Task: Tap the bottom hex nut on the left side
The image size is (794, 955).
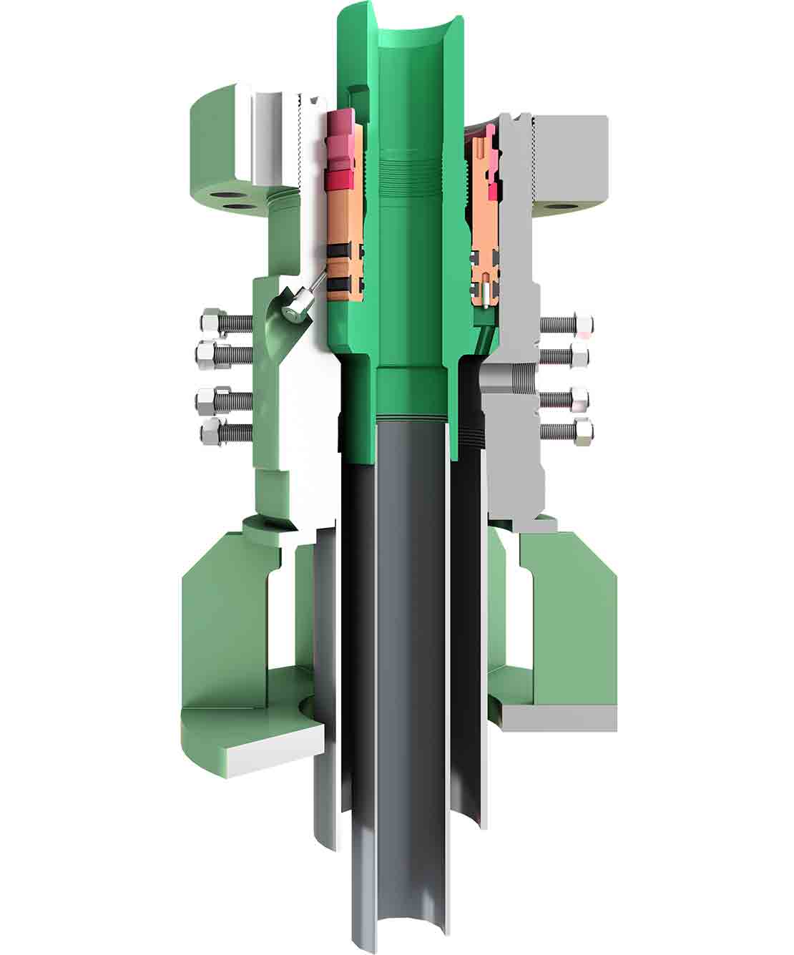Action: [211, 431]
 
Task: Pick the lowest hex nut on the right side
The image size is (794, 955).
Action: [583, 431]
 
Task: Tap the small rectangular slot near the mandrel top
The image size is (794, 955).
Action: [357, 96]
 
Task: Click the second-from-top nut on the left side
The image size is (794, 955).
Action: [209, 352]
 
